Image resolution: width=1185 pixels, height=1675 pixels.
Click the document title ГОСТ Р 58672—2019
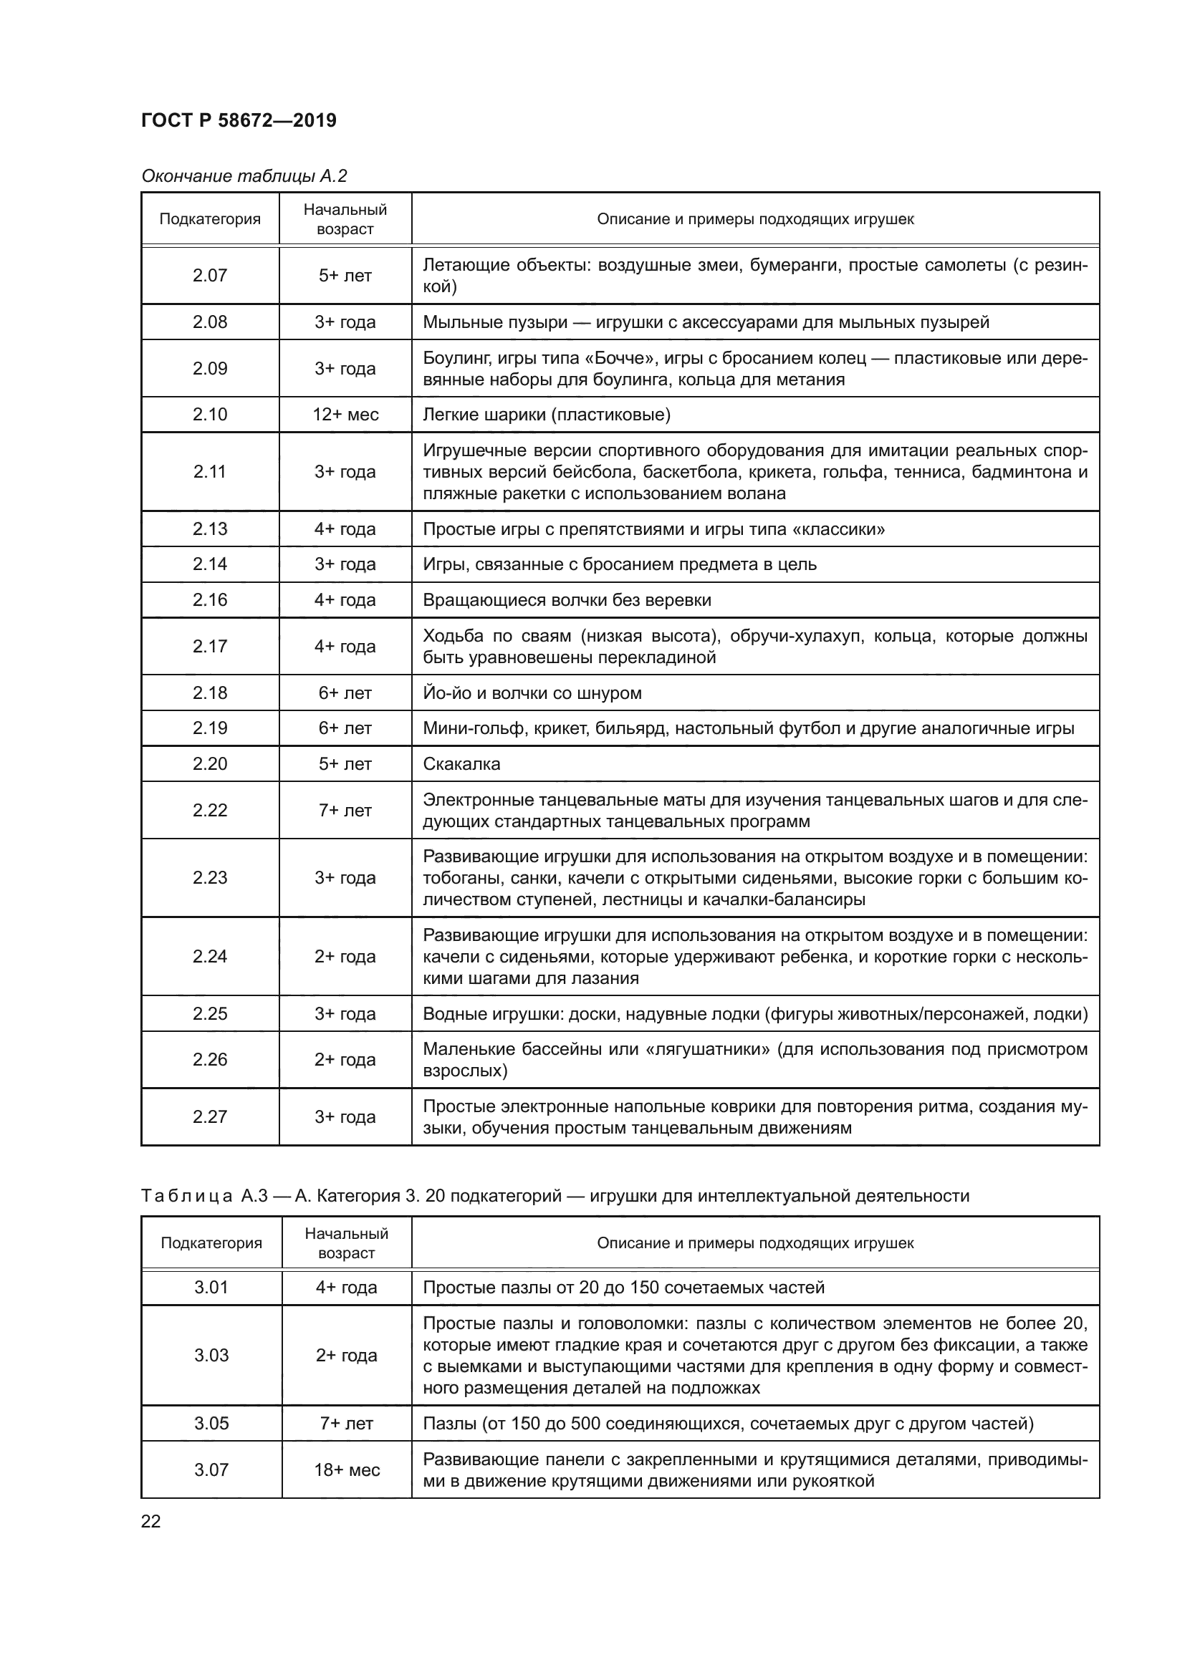point(239,121)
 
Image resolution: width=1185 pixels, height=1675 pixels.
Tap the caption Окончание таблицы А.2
point(244,176)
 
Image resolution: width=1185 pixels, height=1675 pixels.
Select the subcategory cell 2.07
point(210,276)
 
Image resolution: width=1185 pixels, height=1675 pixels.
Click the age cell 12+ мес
point(345,415)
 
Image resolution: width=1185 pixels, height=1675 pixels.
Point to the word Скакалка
point(461,765)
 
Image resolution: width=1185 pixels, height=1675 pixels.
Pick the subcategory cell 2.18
point(210,693)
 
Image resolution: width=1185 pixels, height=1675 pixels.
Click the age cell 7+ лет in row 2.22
point(345,811)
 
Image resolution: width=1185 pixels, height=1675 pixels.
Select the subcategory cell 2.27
point(210,1117)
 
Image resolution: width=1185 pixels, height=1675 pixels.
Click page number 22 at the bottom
point(150,1522)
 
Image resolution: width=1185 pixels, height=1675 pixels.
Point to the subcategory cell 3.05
point(211,1424)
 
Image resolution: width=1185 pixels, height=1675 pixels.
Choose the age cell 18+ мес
point(347,1470)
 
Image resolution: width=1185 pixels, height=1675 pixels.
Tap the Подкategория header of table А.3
point(211,1243)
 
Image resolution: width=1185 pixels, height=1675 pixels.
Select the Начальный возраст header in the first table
point(345,220)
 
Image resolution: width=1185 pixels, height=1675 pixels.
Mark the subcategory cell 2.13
point(210,529)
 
